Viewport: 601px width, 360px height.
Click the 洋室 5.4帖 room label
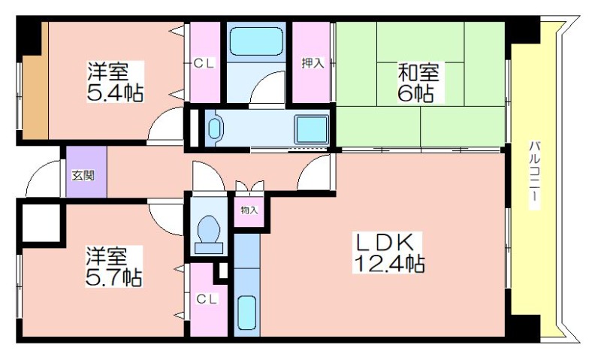pyautogui.click(x=116, y=82)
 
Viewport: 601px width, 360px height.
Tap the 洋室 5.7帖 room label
pyautogui.click(x=114, y=268)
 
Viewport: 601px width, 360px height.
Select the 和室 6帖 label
pyautogui.click(x=418, y=83)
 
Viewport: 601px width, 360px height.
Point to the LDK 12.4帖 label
pyautogui.click(x=388, y=253)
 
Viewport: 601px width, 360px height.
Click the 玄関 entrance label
pyautogui.click(x=83, y=176)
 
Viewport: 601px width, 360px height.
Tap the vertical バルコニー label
pyautogui.click(x=534, y=174)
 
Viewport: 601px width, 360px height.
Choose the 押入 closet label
pyautogui.click(x=313, y=62)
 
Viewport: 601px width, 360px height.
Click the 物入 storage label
pyautogui.click(x=249, y=210)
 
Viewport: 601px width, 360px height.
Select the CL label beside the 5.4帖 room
pyautogui.click(x=204, y=63)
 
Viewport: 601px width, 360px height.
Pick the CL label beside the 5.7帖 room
pyautogui.click(x=207, y=298)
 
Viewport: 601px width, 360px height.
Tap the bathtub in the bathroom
pyautogui.click(x=256, y=41)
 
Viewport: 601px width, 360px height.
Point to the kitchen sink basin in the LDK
pyautogui.click(x=246, y=313)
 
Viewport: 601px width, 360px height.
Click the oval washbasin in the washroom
pyautogui.click(x=215, y=128)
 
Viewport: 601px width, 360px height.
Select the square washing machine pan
pyautogui.click(x=311, y=128)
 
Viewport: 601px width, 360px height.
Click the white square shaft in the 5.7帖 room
pyautogui.click(x=41, y=222)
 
